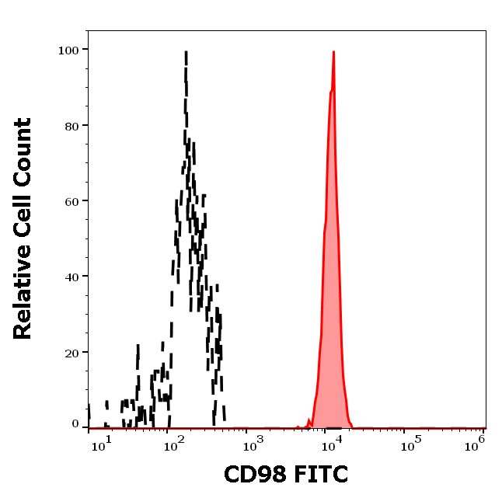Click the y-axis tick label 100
(68, 50)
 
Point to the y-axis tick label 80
(71, 125)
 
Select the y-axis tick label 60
(71, 201)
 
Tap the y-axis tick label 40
(71, 277)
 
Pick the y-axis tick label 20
(71, 353)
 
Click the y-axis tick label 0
(75, 425)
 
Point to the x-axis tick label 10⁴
(331, 443)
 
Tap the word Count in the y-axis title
(23, 150)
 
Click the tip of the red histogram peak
(333, 52)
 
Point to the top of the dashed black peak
(186, 53)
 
